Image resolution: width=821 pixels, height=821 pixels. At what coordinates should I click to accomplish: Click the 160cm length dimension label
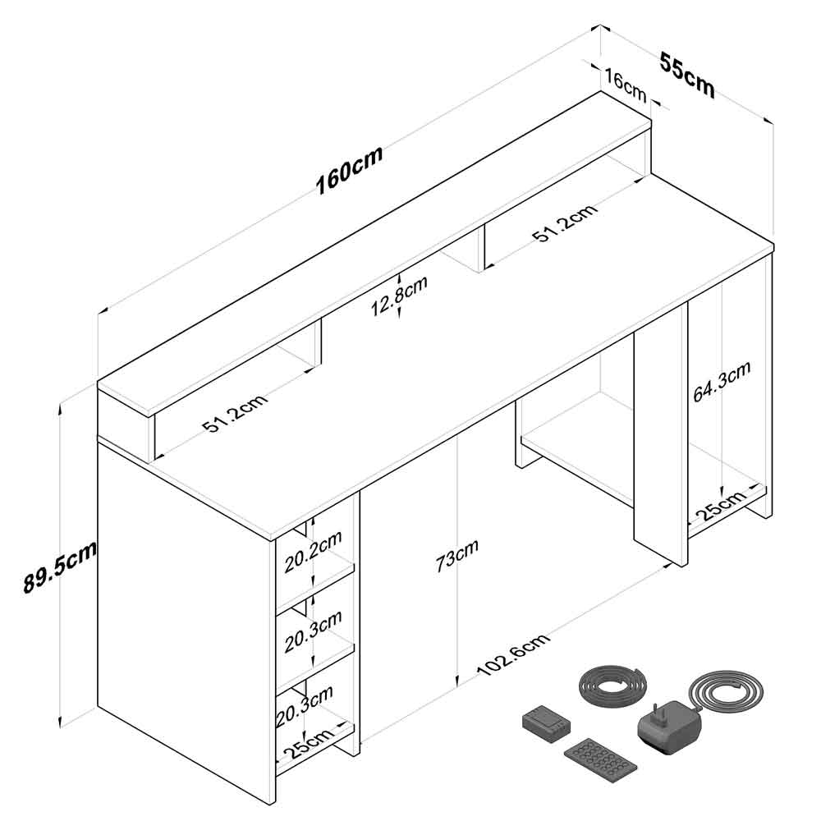(349, 169)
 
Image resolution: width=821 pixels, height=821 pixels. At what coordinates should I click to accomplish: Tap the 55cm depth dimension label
(687, 75)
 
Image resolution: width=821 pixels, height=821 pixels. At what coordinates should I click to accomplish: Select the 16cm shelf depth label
(625, 85)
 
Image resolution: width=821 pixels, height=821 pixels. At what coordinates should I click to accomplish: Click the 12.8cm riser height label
(399, 296)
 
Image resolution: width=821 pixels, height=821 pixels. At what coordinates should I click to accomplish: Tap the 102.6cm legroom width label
(514, 654)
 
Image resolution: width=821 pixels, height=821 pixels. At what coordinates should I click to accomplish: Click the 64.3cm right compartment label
(722, 381)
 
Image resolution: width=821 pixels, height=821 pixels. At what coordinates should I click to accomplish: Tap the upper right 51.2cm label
(565, 222)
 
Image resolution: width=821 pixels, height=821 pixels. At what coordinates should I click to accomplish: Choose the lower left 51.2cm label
(235, 413)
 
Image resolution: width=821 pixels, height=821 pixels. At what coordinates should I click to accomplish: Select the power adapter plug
(668, 727)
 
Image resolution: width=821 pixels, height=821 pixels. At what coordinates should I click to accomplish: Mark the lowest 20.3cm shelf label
(305, 706)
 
